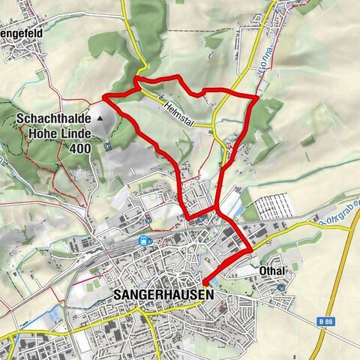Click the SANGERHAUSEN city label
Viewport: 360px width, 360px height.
(x=164, y=295)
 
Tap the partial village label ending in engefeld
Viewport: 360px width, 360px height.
(x=22, y=32)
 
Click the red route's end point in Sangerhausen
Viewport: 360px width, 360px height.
(x=205, y=282)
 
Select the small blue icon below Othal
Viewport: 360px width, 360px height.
(x=281, y=286)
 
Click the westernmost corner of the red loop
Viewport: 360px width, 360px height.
(x=103, y=97)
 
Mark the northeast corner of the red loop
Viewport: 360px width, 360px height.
(x=256, y=97)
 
